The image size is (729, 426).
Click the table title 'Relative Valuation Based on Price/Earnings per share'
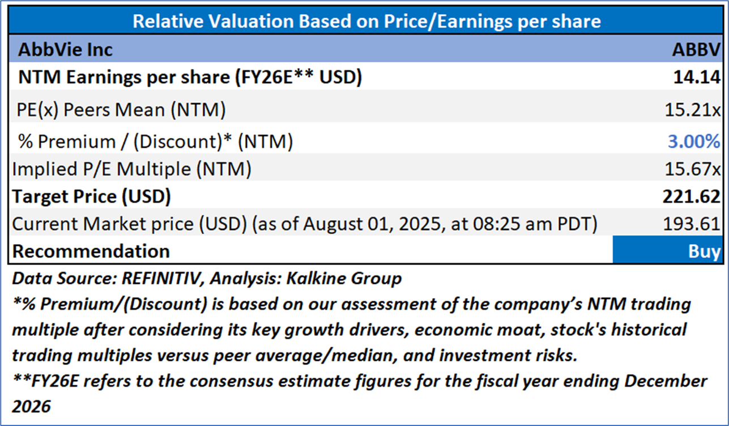point(366,22)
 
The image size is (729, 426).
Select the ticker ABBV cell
point(696,49)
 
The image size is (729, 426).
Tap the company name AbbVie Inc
point(66,49)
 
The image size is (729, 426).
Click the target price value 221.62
point(692,197)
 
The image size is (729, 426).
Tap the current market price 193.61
point(692,224)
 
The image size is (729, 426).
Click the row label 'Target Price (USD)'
point(91,197)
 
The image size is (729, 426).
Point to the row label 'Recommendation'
point(91,251)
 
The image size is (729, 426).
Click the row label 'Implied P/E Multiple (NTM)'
point(131,168)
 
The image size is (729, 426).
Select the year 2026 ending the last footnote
point(31,406)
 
